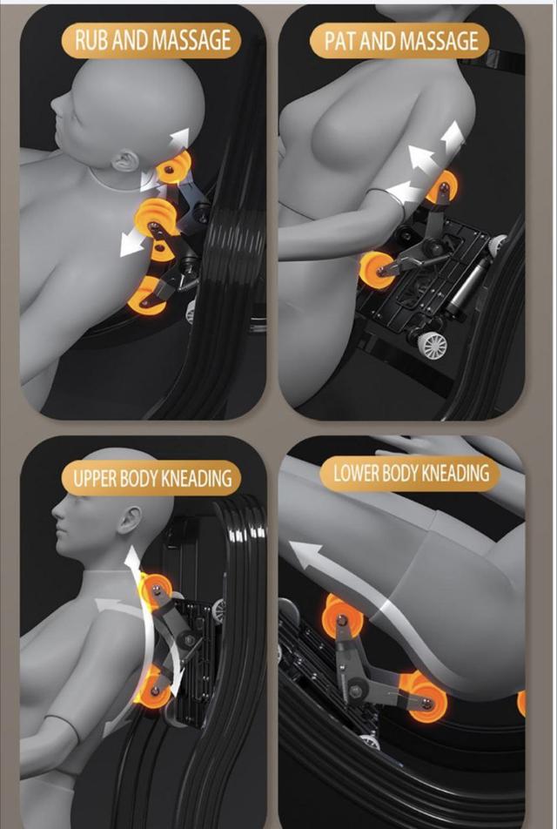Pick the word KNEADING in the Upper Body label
(x=196, y=478)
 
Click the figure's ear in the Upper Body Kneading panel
(x=130, y=519)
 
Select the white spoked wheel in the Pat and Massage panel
(x=432, y=345)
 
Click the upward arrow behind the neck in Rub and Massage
(x=180, y=139)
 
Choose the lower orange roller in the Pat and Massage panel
(x=375, y=267)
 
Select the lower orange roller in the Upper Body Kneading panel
(x=153, y=689)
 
